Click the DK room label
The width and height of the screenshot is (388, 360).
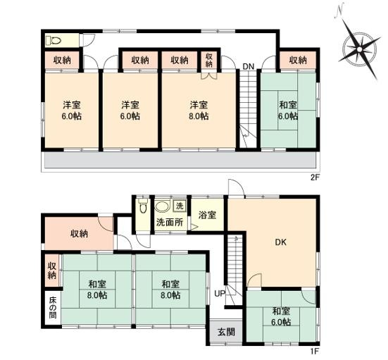[x=281, y=242]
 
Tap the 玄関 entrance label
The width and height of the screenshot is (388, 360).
[x=226, y=332]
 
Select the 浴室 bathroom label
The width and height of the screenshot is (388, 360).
[x=207, y=215]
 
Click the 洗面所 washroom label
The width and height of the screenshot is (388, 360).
[x=170, y=222]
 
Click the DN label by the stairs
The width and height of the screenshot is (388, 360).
[x=248, y=66]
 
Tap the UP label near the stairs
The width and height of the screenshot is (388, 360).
[x=220, y=294]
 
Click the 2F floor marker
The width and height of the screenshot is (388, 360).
[x=313, y=178]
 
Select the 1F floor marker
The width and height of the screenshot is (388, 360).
[x=313, y=351]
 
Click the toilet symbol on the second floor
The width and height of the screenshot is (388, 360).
[x=54, y=40]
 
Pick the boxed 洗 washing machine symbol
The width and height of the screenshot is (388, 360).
[x=180, y=206]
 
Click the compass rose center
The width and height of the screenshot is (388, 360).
[x=359, y=49]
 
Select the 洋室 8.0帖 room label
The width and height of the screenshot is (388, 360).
[x=199, y=111]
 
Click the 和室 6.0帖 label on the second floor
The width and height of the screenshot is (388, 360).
[x=288, y=111]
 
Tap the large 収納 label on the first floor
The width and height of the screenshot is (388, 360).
[x=79, y=233]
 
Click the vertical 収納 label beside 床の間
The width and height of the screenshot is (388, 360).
[x=52, y=271]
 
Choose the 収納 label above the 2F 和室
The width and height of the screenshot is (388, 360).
[x=298, y=60]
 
